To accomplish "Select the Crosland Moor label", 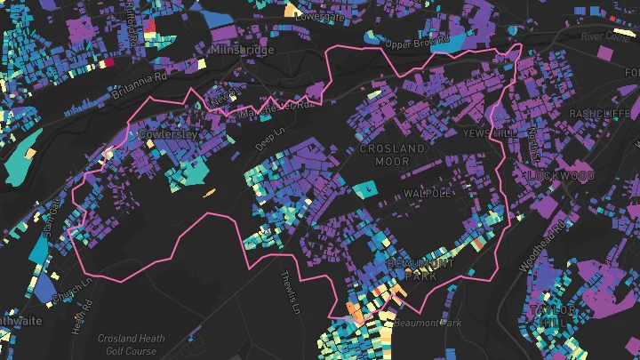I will [392, 155].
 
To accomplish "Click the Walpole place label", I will [428, 193].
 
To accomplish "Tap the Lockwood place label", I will [560, 176].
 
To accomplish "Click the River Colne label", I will [604, 37].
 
